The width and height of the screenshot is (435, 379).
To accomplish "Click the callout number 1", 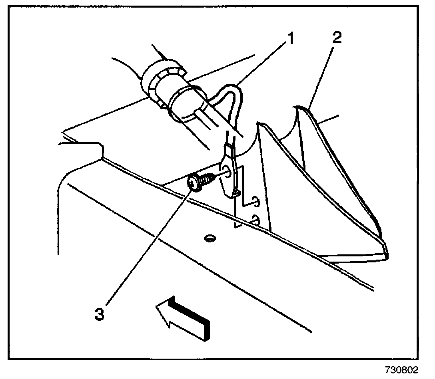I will tap(291, 39).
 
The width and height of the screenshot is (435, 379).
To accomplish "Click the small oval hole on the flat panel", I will tap(208, 238).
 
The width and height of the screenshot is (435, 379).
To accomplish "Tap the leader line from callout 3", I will tap(148, 248).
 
